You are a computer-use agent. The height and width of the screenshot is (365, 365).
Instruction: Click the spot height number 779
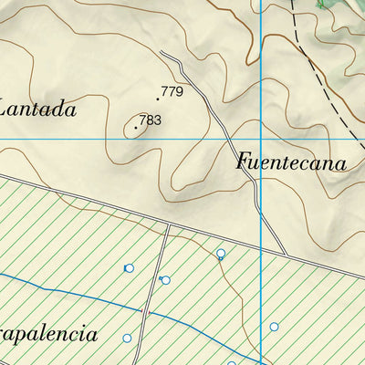click(172, 92)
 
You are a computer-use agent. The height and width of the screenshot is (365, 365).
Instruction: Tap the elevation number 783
click(151, 120)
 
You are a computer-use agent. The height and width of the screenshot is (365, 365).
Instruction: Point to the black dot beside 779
click(158, 98)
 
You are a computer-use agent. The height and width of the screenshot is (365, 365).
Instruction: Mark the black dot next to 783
click(136, 128)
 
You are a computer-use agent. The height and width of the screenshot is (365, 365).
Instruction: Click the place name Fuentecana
click(291, 163)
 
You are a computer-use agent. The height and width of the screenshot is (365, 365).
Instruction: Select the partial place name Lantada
click(36, 109)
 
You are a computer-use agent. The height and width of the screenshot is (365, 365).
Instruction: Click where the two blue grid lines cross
click(262, 139)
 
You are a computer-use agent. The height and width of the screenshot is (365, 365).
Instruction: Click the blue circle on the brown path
click(221, 254)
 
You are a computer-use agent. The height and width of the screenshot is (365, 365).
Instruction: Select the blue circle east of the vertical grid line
click(274, 326)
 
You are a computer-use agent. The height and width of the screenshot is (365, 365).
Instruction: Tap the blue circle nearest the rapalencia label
click(127, 338)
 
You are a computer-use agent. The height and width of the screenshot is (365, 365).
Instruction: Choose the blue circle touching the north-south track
click(165, 280)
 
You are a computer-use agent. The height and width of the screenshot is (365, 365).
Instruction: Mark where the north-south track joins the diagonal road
click(169, 224)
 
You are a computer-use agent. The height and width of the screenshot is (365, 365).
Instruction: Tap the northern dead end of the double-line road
click(162, 53)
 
